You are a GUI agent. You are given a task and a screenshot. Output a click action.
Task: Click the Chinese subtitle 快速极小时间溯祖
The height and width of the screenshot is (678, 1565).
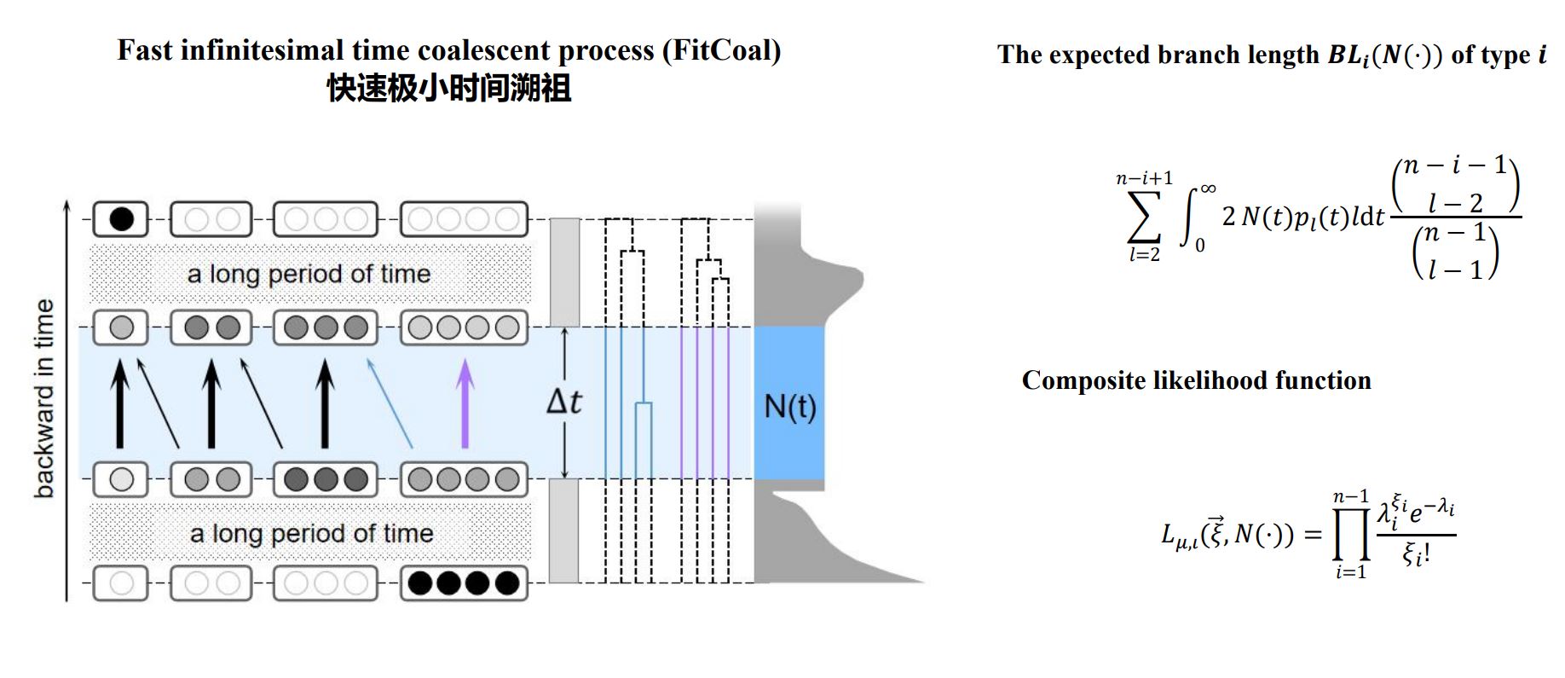click(449, 89)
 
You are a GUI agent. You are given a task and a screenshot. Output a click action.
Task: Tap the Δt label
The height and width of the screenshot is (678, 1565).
click(564, 402)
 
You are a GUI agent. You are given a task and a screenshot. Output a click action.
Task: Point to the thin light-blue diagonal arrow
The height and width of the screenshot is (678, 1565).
click(390, 403)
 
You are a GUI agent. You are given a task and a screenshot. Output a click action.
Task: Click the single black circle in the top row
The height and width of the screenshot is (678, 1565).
click(122, 219)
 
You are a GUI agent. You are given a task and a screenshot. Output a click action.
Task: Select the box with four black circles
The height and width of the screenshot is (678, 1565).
click(464, 583)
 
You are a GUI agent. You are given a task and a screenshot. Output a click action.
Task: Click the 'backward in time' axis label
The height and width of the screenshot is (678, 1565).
click(44, 399)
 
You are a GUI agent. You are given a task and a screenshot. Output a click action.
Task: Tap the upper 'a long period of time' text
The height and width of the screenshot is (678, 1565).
click(309, 274)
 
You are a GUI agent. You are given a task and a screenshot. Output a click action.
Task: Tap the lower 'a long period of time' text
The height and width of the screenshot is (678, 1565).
click(311, 534)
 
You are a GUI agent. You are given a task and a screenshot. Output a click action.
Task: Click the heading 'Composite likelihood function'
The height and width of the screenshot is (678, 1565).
click(1196, 380)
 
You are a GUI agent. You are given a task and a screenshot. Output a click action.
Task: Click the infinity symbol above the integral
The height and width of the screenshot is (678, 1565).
click(1207, 188)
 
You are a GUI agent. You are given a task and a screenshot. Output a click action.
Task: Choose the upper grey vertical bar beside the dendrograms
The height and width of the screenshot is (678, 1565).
click(564, 272)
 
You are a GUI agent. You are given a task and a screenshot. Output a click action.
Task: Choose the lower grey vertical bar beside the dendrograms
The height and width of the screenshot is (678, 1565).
click(563, 530)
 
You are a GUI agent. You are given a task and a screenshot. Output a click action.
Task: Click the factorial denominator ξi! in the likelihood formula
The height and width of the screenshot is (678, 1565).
click(1416, 555)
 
